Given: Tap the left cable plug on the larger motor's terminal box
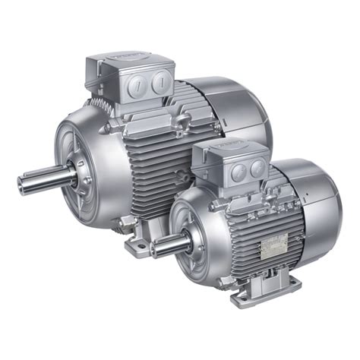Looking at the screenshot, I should click(x=138, y=82).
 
